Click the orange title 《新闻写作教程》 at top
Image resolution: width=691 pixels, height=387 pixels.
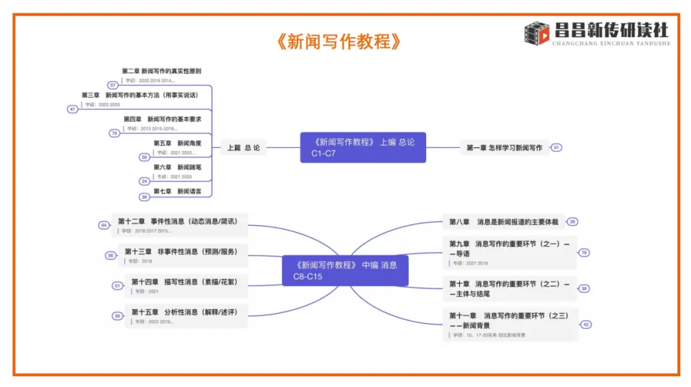339,42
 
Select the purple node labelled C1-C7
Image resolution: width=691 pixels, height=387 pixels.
363,148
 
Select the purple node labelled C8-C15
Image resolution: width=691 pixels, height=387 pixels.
345,271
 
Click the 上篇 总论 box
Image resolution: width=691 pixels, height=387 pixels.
243,148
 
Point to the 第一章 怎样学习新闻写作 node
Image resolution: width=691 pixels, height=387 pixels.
504,148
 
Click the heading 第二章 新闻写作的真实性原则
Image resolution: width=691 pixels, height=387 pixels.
161,71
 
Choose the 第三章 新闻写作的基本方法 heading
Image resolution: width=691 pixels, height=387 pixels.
139,95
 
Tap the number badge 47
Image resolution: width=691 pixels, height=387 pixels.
73,109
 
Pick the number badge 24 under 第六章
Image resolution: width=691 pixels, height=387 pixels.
145,181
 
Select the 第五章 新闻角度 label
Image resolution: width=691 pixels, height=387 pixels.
171,143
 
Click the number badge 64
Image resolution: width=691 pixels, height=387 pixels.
104,225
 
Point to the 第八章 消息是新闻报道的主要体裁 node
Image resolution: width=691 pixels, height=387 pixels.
504,222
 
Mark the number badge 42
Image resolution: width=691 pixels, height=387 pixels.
586,325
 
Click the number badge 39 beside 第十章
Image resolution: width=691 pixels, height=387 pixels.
584,288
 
